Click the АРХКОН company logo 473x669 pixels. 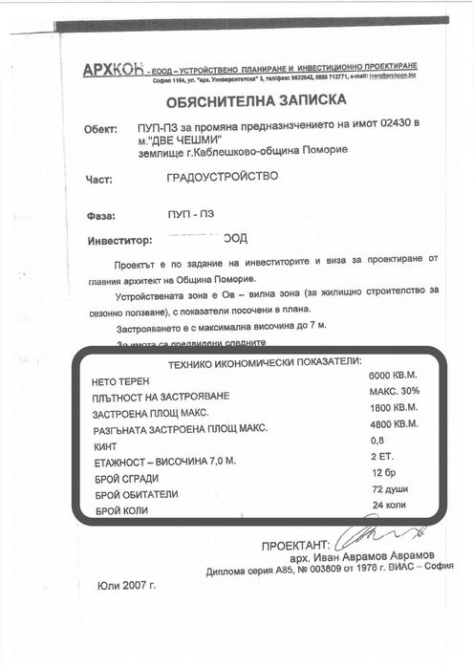pos(113,69)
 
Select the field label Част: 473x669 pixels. pos(97,179)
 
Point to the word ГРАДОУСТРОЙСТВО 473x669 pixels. pos(222,177)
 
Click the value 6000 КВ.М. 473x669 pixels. pos(394,376)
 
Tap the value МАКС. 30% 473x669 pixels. pos(394,392)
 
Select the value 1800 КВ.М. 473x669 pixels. pos(394,408)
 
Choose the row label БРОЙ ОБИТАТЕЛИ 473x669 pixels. pos(141,495)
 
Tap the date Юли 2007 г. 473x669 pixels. pos(126,585)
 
